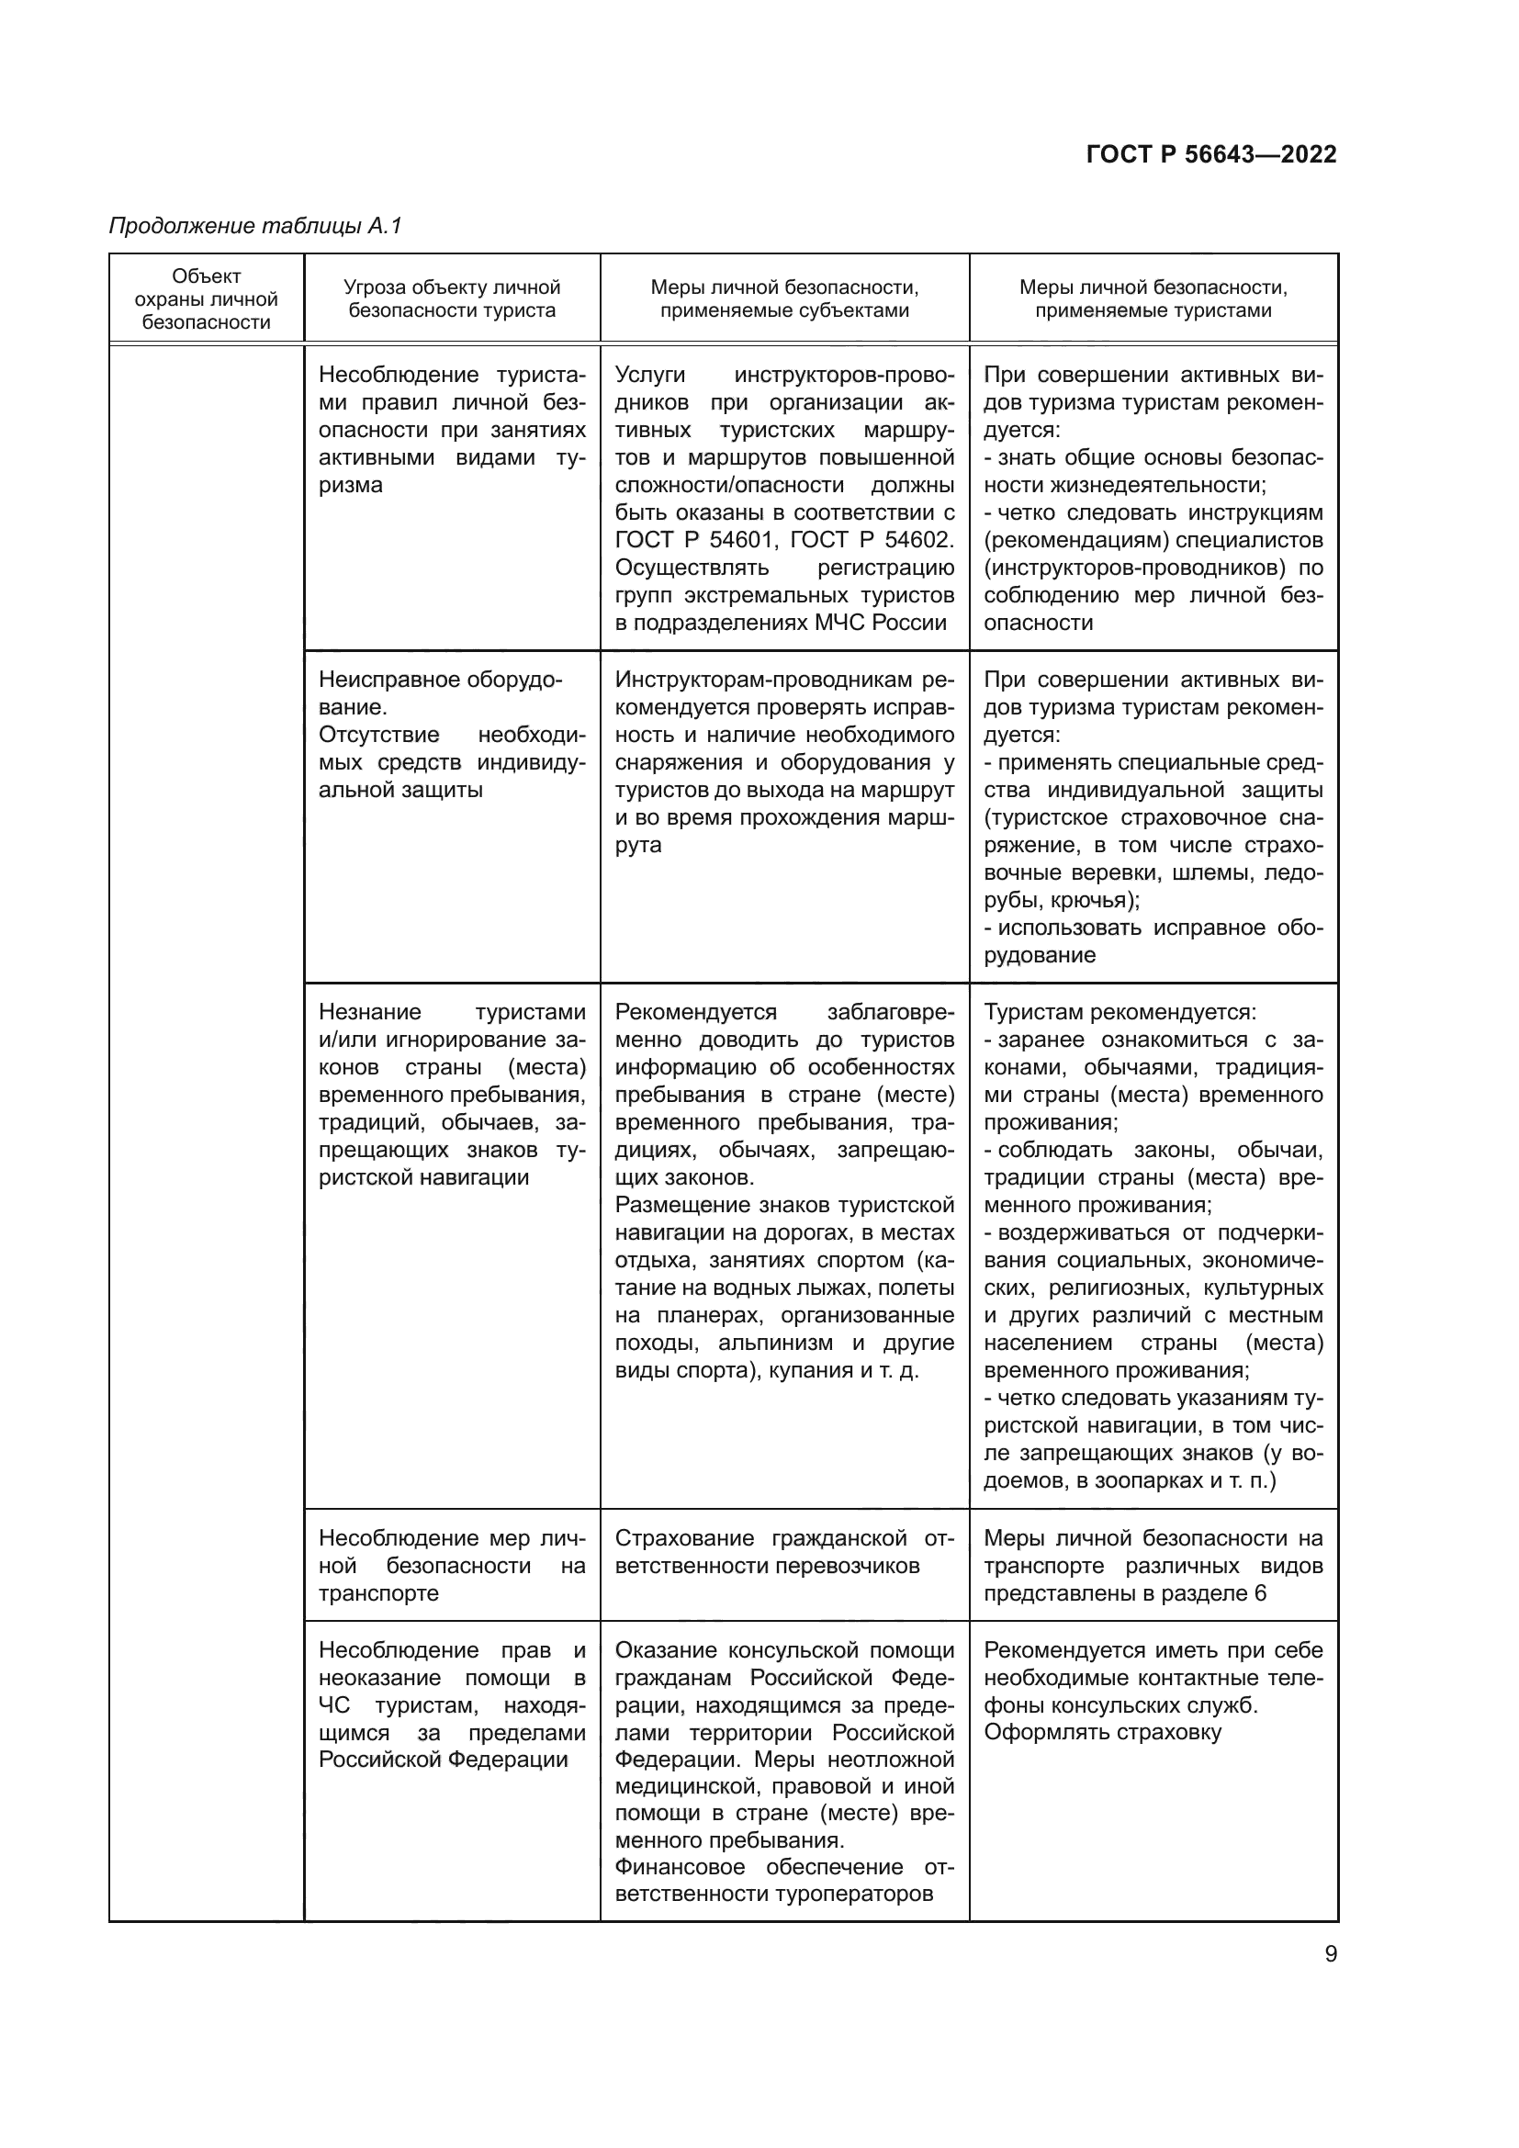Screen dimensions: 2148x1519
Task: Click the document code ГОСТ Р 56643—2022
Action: (1211, 154)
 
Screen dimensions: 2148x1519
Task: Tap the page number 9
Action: (1331, 1953)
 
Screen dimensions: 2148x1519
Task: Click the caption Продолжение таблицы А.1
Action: (254, 226)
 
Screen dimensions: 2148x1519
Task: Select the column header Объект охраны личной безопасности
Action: (206, 299)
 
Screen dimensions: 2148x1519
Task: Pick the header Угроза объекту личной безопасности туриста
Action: (452, 299)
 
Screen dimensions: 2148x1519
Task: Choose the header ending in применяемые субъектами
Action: (783, 299)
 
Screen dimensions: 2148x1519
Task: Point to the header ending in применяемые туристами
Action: (1153, 299)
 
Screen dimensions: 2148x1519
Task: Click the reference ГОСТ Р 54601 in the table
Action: (695, 540)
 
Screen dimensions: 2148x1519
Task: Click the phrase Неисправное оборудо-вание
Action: (441, 693)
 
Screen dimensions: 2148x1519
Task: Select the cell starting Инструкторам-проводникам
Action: (783, 761)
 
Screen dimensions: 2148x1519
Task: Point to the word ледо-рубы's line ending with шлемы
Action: (1153, 872)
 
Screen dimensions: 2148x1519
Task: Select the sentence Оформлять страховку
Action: (1102, 1732)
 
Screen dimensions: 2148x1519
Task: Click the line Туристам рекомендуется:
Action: (1120, 1012)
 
